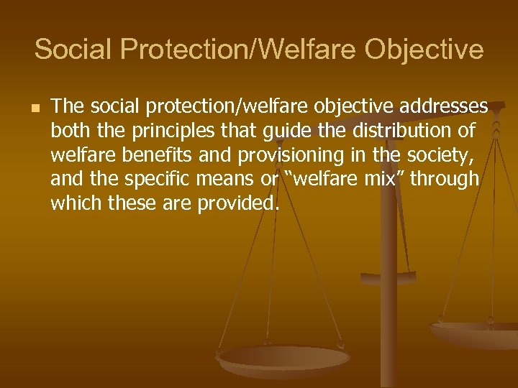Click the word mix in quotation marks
[x=378, y=179]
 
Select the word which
[x=76, y=203]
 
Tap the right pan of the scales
[x=478, y=332]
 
